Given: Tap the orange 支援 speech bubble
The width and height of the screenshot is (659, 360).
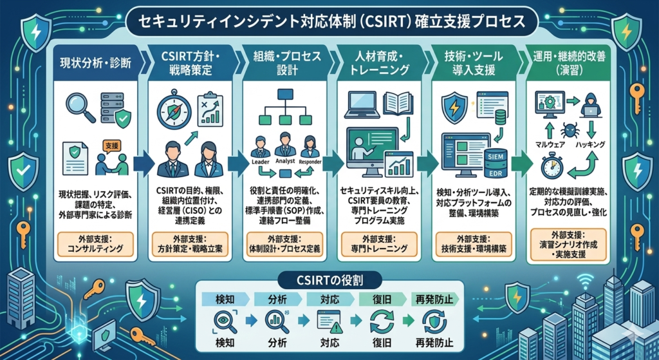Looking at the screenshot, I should (111, 147).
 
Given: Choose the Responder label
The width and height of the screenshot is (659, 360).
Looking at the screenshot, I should (311, 162).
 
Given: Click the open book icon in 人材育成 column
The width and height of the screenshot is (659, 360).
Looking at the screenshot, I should (395, 105).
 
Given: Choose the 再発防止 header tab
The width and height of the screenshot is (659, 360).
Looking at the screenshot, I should (436, 299).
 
